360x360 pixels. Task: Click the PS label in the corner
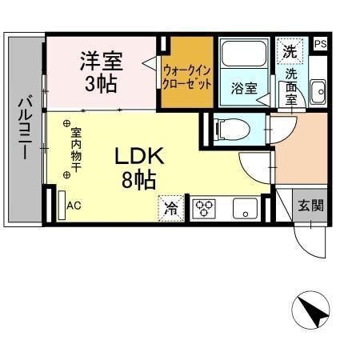pyautogui.click(x=320, y=44)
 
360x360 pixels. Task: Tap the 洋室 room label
pyautogui.click(x=102, y=61)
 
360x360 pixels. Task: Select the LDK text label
pyautogui.click(x=139, y=156)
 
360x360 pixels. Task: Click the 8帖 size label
pyautogui.click(x=139, y=180)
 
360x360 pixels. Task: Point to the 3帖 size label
pyautogui.click(x=101, y=84)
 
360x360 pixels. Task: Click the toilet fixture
pyautogui.click(x=232, y=130)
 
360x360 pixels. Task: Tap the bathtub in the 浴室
pyautogui.click(x=244, y=54)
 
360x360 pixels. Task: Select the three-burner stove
pyautogui.click(x=204, y=209)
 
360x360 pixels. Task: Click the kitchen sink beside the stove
pyautogui.click(x=245, y=208)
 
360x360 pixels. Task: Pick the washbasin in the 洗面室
pyautogui.click(x=318, y=92)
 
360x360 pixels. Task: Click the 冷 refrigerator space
pyautogui.click(x=171, y=208)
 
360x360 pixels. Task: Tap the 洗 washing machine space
pyautogui.click(x=290, y=51)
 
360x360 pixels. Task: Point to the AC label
pyautogui.click(x=74, y=206)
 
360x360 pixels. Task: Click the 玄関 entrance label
pyautogui.click(x=310, y=206)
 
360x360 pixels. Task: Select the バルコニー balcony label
pyautogui.click(x=26, y=127)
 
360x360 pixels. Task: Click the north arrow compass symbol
pyautogui.click(x=310, y=310)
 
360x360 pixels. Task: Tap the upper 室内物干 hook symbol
pyautogui.click(x=66, y=123)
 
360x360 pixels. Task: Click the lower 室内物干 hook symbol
pyautogui.click(x=66, y=175)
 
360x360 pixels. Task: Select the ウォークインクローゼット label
pyautogui.click(x=187, y=78)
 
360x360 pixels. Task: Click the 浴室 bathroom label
pyautogui.click(x=244, y=88)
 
